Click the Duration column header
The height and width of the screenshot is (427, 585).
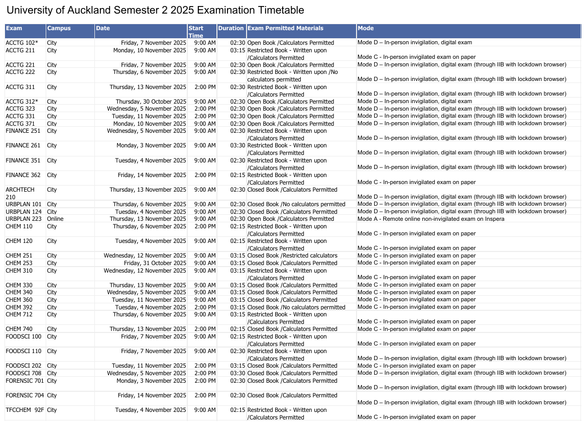coord(231,29)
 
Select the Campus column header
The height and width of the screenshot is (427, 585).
coord(59,29)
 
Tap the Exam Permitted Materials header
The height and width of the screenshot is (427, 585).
coord(285,29)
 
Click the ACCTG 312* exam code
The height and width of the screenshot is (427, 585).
coord(22,102)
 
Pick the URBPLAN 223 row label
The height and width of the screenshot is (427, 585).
coord(24,219)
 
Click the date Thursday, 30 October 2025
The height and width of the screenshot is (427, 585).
coord(151,102)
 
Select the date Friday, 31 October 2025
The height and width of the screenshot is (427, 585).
coord(155,263)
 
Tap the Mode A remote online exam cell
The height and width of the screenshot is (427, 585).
coord(430,219)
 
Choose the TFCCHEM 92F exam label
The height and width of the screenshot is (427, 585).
coord(25,410)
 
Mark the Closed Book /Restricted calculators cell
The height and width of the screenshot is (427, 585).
coord(292,255)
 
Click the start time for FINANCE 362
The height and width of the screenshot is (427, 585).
coord(205,175)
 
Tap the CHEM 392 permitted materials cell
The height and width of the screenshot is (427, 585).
coord(296,307)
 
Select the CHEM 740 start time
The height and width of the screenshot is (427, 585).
coord(205,329)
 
